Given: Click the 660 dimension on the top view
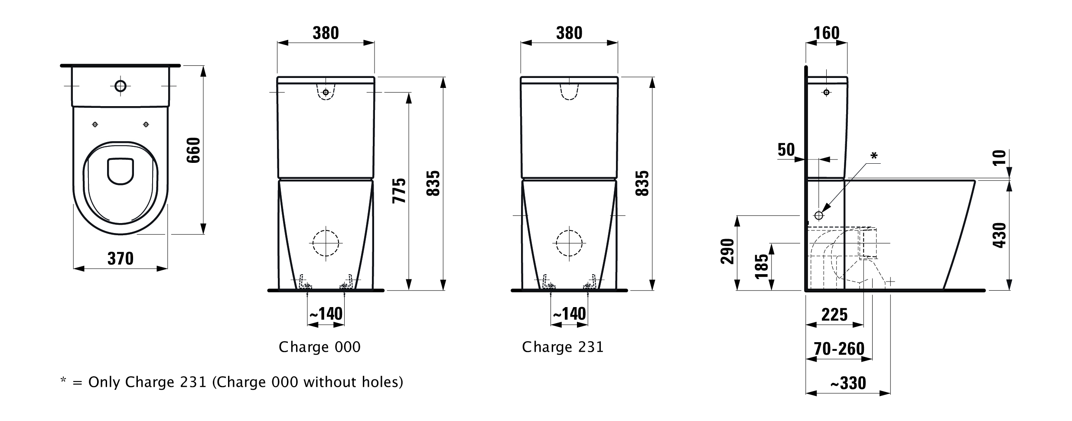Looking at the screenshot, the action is click(193, 150).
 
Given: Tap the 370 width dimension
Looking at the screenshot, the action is click(121, 259).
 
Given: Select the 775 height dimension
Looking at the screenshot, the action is click(399, 191).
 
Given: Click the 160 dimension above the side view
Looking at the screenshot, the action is click(827, 33).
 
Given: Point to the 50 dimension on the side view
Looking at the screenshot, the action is click(786, 150).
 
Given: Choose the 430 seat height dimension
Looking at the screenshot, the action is click(1000, 235).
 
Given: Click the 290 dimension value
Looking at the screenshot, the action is click(727, 251).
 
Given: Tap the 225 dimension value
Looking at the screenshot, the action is click(834, 315).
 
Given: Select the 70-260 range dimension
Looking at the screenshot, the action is click(839, 349).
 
